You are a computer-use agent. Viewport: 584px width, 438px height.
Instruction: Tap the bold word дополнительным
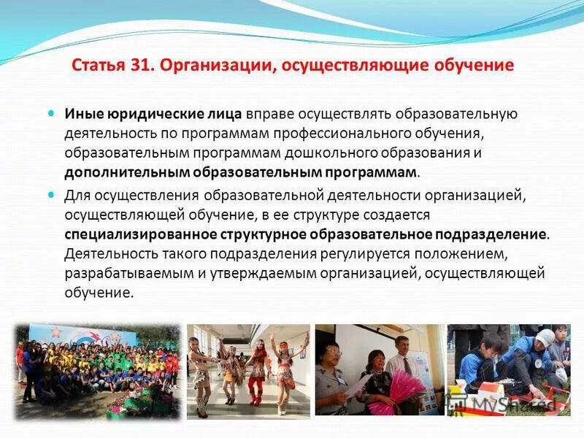tap(127, 172)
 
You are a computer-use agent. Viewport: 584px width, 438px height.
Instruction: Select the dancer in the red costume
tap(256, 369)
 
